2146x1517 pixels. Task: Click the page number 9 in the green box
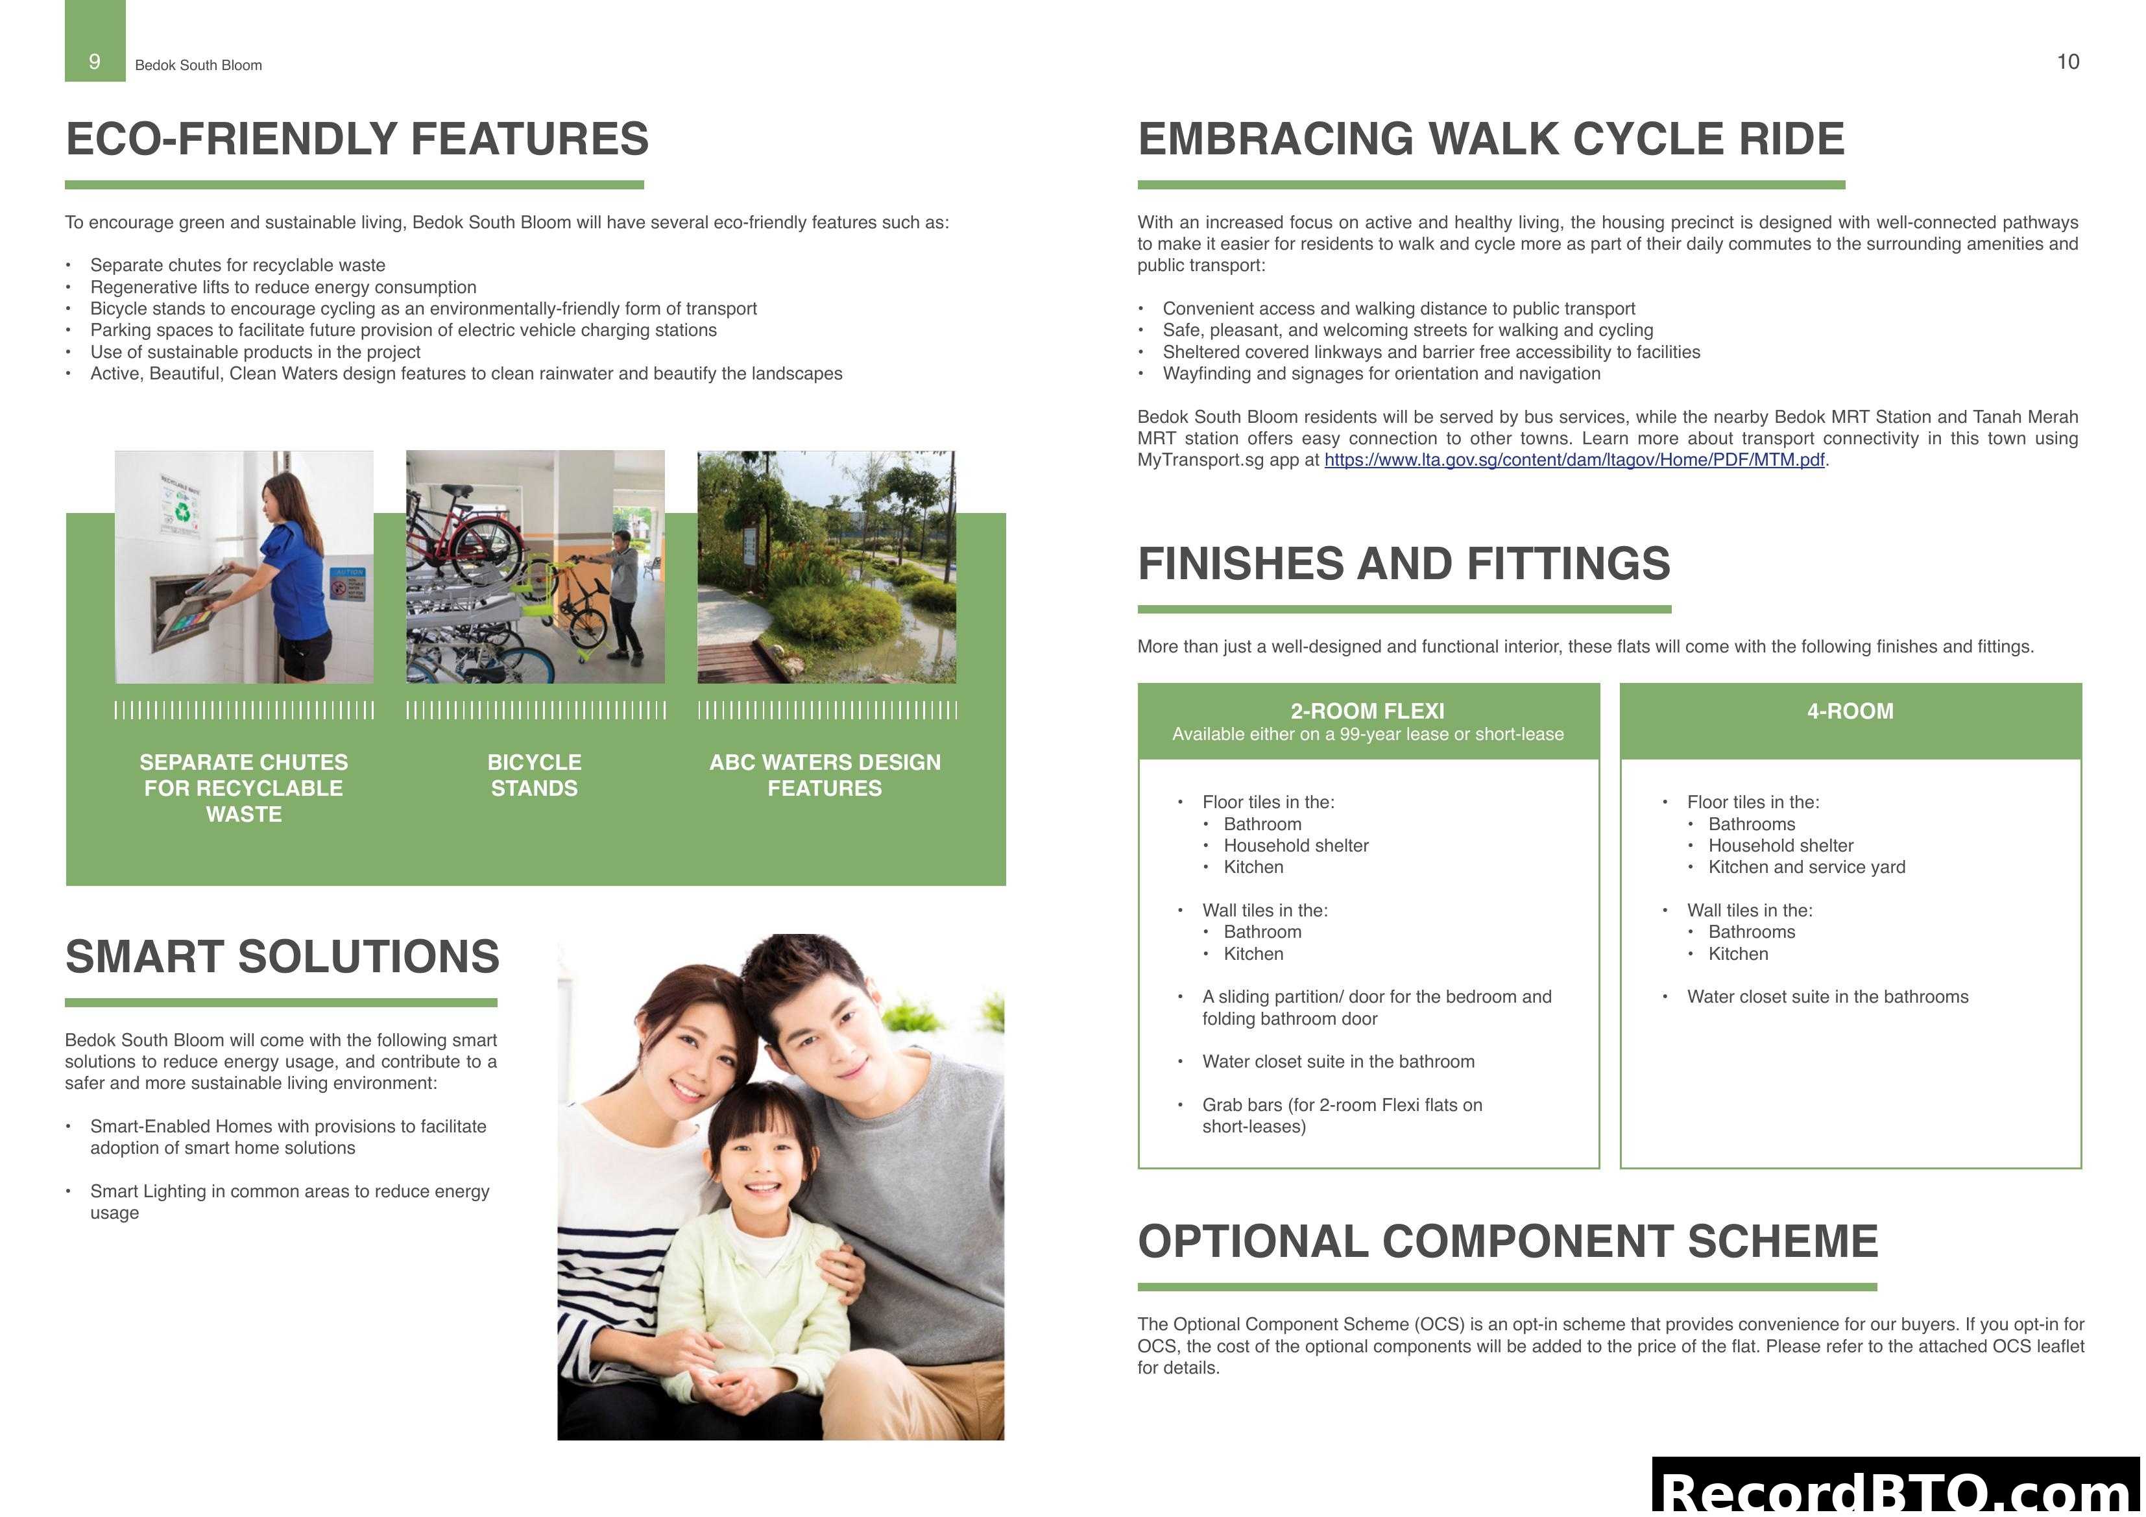(x=95, y=62)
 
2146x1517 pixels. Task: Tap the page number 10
(x=2068, y=62)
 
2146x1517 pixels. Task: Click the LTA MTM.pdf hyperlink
(x=1574, y=460)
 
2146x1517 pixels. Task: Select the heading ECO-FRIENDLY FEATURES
(x=357, y=139)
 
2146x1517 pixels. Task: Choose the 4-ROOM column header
(x=1850, y=711)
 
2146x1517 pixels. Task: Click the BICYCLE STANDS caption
(x=535, y=775)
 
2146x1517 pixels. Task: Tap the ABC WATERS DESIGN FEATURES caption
(x=825, y=775)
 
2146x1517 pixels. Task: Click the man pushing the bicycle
(x=624, y=589)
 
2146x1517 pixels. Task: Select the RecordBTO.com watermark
(x=1898, y=1491)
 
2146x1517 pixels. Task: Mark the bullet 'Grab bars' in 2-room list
(x=1342, y=1115)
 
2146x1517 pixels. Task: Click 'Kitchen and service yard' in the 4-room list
(x=1806, y=867)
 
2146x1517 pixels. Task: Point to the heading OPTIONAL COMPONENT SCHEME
(x=1508, y=1242)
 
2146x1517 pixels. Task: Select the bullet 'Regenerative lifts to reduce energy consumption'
(x=283, y=287)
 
